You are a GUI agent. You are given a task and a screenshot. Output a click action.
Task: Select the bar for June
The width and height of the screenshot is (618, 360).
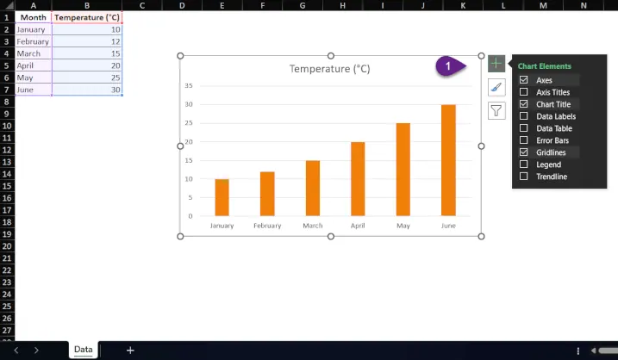point(448,160)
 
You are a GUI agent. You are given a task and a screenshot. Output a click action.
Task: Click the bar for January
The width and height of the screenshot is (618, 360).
point(222,197)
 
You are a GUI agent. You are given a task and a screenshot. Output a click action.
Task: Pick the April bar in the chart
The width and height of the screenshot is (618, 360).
point(358,179)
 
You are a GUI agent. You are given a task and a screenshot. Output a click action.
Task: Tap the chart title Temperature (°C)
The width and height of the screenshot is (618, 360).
point(329,69)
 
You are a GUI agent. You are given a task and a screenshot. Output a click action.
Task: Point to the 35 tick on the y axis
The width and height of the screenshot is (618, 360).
point(189,86)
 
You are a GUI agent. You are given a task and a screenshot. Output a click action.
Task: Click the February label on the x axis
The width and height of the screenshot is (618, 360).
point(267,226)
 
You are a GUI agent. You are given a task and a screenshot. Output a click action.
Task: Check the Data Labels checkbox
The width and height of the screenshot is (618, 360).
point(524,116)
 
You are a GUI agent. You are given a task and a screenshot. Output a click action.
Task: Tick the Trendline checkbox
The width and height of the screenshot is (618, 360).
point(524,177)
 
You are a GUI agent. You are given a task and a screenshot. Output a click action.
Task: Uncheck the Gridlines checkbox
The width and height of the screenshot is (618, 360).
point(524,152)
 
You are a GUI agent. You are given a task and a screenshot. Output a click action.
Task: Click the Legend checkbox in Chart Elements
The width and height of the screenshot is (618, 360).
point(524,164)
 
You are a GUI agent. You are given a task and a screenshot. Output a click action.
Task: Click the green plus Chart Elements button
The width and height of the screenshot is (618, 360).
point(496,64)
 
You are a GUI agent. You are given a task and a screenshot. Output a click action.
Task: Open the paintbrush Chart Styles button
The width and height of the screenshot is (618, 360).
point(496,87)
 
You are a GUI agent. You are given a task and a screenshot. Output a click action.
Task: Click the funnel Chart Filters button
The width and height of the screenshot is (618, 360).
point(496,110)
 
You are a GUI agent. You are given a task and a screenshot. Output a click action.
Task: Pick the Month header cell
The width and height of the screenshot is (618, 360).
point(33,17)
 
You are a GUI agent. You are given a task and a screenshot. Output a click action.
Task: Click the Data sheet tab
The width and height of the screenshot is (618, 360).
point(83,350)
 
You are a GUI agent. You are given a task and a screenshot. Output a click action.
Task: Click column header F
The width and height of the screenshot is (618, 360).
point(260,5)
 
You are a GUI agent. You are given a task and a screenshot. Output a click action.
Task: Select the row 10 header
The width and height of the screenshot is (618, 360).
point(7,126)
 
